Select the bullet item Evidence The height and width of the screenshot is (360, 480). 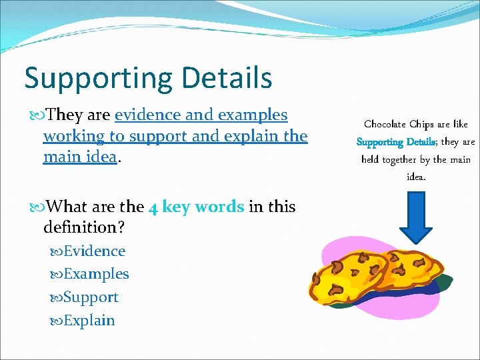pyautogui.click(x=94, y=251)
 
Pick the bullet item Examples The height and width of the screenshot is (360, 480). pyautogui.click(x=96, y=274)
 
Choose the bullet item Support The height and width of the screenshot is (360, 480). pyautogui.click(x=91, y=297)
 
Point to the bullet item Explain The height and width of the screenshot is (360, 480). pyautogui.click(x=89, y=321)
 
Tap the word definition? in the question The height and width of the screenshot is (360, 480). pyautogui.click(x=83, y=228)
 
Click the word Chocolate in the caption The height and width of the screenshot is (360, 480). pyautogui.click(x=386, y=124)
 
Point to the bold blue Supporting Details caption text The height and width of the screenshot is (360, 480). pyautogui.click(x=396, y=142)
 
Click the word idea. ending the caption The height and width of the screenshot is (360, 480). pyautogui.click(x=416, y=177)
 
